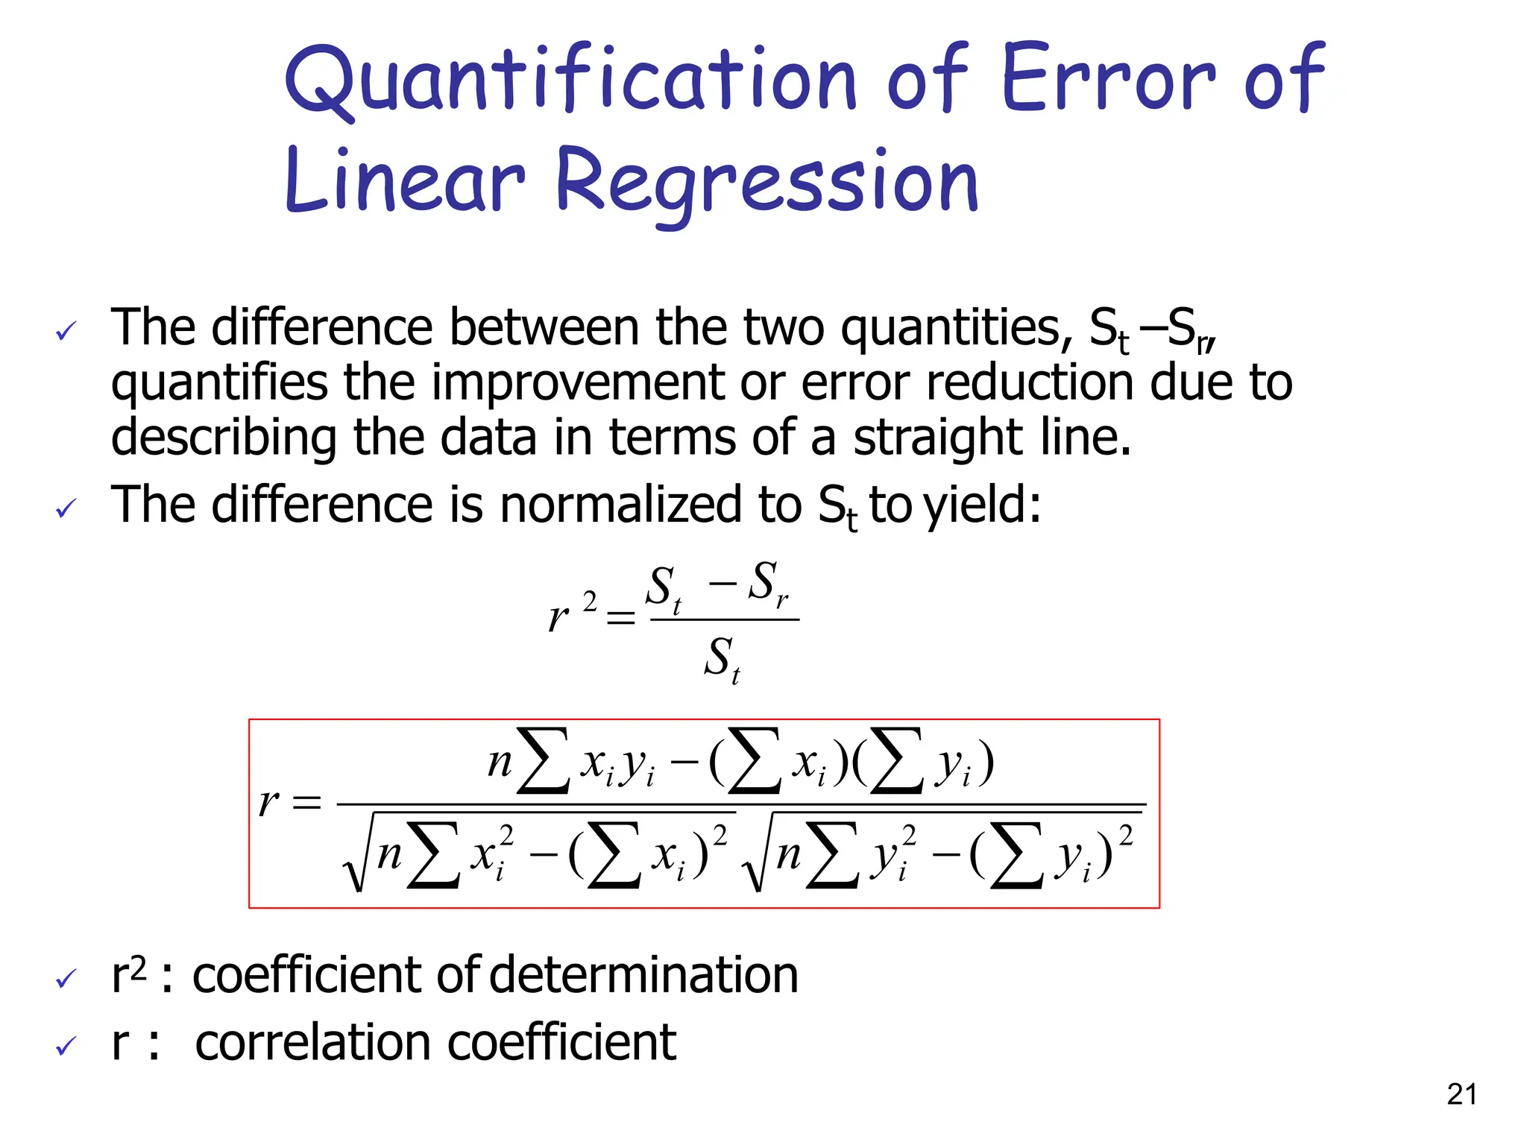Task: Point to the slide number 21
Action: tap(1461, 1094)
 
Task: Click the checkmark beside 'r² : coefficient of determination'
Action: tap(66, 979)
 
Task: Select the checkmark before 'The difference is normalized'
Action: tap(66, 510)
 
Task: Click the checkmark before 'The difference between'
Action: tap(66, 331)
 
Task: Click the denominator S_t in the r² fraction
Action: tap(722, 659)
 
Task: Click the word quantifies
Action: tap(219, 383)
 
